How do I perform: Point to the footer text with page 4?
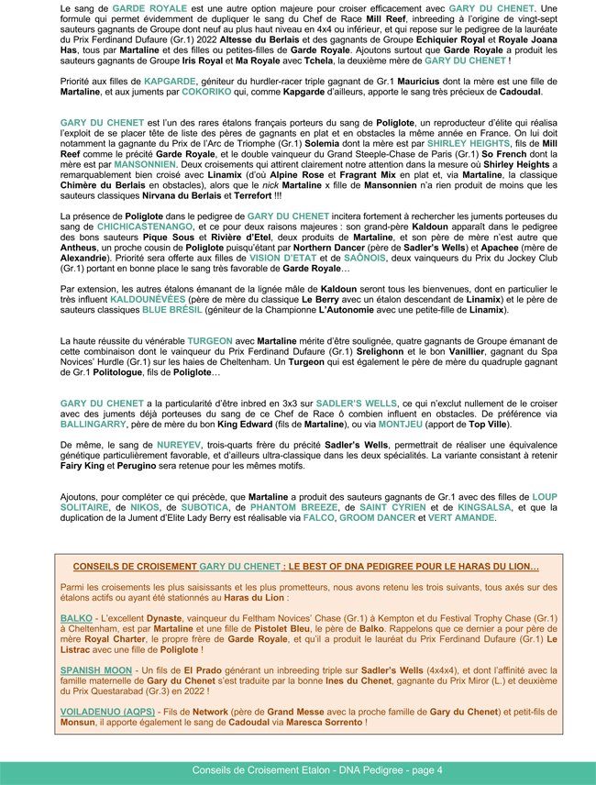click(298, 769)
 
